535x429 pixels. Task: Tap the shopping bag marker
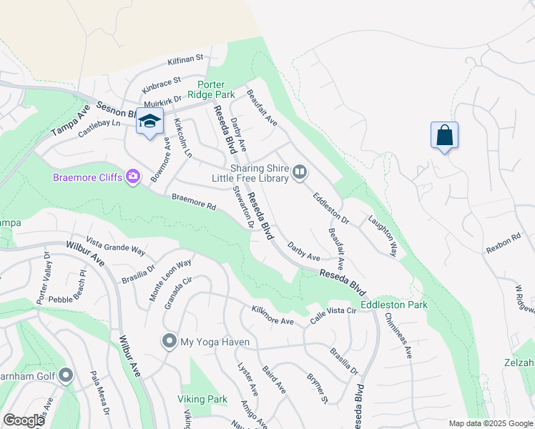(x=444, y=135)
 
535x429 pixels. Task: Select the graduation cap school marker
(x=149, y=122)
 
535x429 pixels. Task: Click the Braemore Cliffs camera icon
(x=132, y=176)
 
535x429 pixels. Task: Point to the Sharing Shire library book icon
(x=300, y=172)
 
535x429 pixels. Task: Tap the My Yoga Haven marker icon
(x=169, y=342)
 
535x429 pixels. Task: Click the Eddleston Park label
(x=393, y=305)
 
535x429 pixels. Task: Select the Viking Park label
(x=202, y=399)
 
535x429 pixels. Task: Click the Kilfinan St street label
(x=186, y=58)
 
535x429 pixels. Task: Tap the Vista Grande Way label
(x=115, y=247)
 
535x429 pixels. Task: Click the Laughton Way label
(x=383, y=237)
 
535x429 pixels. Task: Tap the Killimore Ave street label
(x=273, y=315)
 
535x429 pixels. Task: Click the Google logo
(x=24, y=420)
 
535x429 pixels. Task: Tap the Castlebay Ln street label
(x=91, y=129)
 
